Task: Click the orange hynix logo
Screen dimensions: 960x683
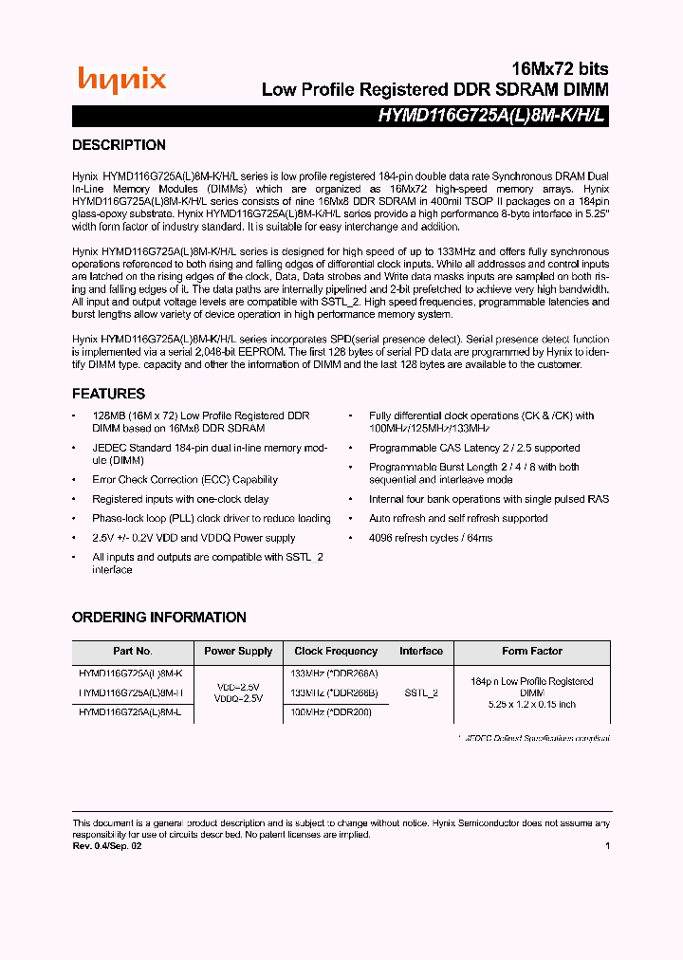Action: [121, 81]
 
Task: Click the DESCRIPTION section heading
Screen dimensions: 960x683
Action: [119, 145]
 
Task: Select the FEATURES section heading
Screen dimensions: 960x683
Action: [108, 394]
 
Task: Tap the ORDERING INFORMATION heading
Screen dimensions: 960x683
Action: [158, 617]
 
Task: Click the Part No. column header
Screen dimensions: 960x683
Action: [133, 652]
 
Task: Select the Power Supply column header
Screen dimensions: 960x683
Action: [238, 652]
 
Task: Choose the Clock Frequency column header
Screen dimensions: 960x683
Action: [336, 652]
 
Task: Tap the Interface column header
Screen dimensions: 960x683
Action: [421, 652]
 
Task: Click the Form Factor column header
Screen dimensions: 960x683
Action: [532, 652]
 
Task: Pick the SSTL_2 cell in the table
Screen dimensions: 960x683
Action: [420, 693]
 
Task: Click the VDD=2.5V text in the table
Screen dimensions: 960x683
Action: [238, 686]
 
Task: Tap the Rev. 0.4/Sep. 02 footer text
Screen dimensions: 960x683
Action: [104, 846]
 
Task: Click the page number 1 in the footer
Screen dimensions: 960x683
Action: [607, 846]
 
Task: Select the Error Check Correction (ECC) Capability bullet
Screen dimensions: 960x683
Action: [185, 480]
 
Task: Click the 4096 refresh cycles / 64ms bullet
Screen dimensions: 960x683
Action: [431, 538]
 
